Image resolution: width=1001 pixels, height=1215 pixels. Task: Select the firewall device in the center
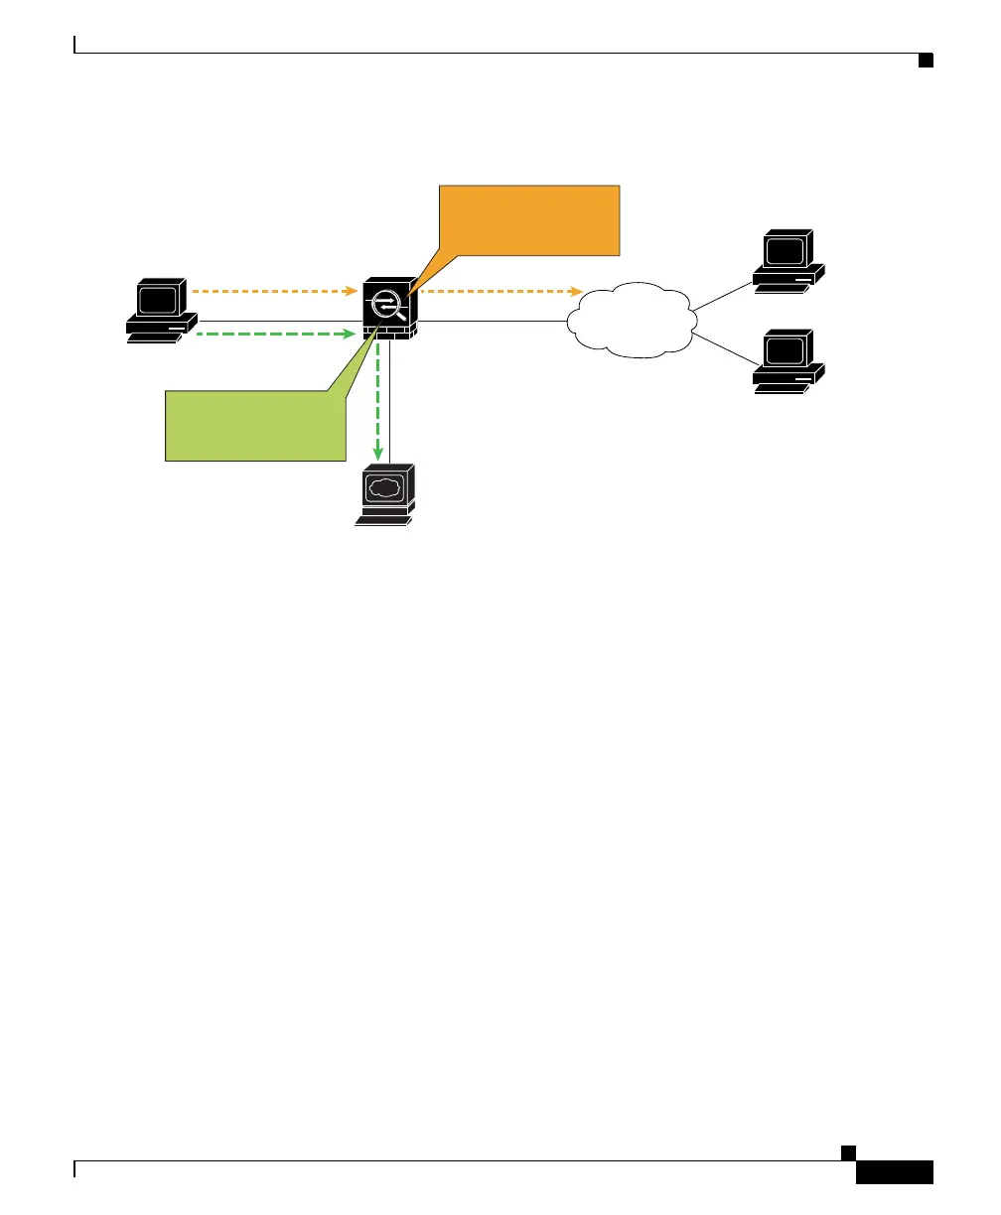point(390,309)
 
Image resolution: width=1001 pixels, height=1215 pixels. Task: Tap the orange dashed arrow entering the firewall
point(273,292)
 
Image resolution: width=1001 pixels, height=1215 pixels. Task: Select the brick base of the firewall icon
point(390,333)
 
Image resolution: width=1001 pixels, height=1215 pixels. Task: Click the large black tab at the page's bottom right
point(894,1172)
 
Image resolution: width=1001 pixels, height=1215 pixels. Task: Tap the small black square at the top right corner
point(925,62)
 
